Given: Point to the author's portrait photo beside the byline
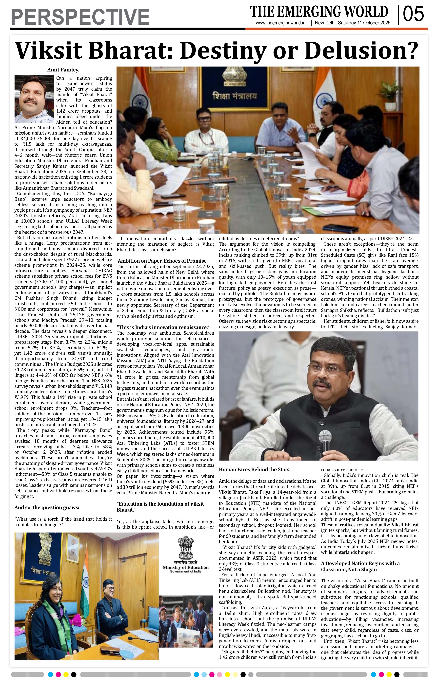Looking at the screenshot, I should click(34, 99).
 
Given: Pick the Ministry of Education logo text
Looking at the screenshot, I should click(186, 567).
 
